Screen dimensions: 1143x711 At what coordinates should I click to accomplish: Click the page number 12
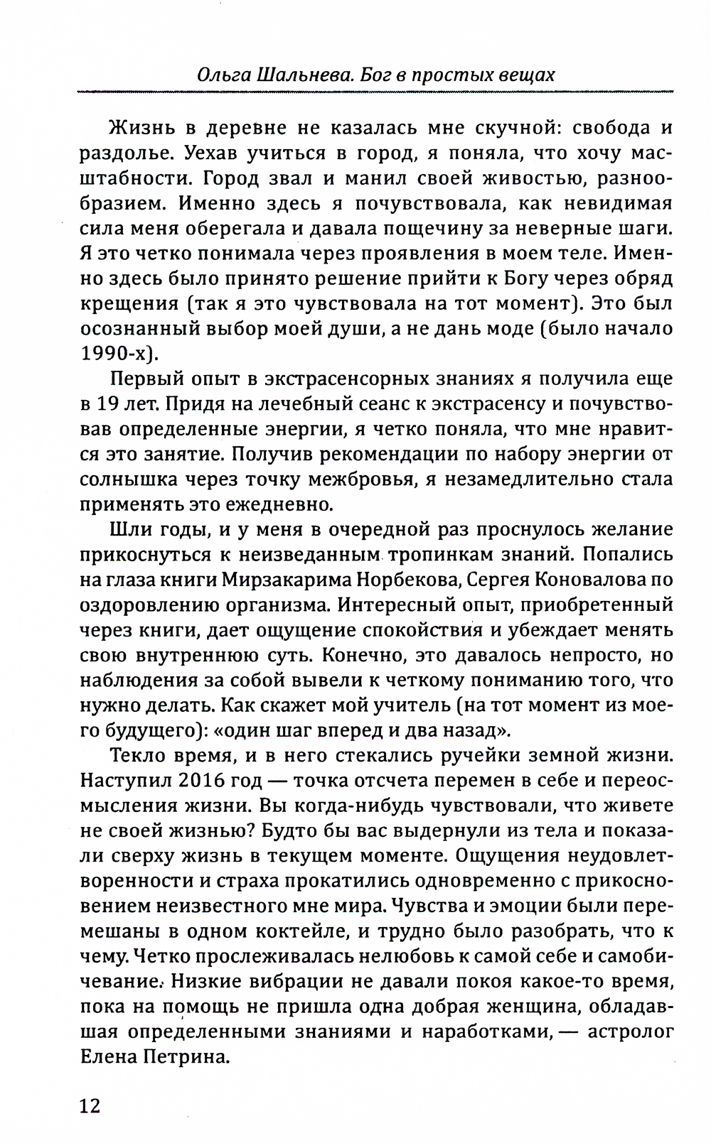(91, 1105)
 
